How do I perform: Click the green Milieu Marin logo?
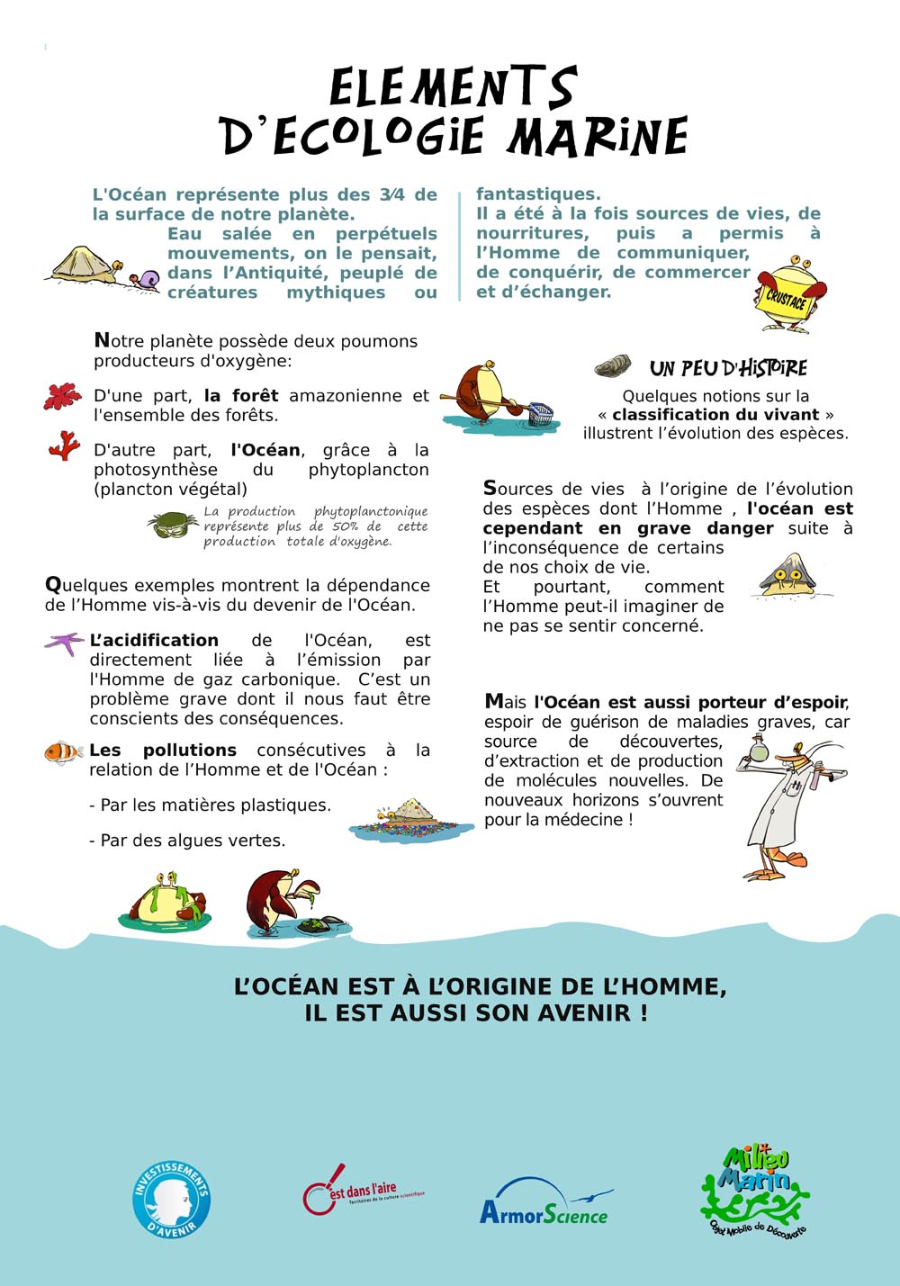coord(754,1190)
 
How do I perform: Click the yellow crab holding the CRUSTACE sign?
coord(789,293)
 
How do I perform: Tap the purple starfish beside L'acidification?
coord(64,643)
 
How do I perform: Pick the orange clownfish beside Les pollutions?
coord(64,751)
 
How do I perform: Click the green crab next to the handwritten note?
coord(174,524)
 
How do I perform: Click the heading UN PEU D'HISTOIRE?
coord(728,368)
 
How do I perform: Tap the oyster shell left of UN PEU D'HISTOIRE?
coord(613,366)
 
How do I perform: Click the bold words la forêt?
coord(241,395)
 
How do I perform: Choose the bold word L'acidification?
coord(154,640)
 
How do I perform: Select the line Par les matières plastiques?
coord(210,805)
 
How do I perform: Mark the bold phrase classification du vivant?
coord(715,414)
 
